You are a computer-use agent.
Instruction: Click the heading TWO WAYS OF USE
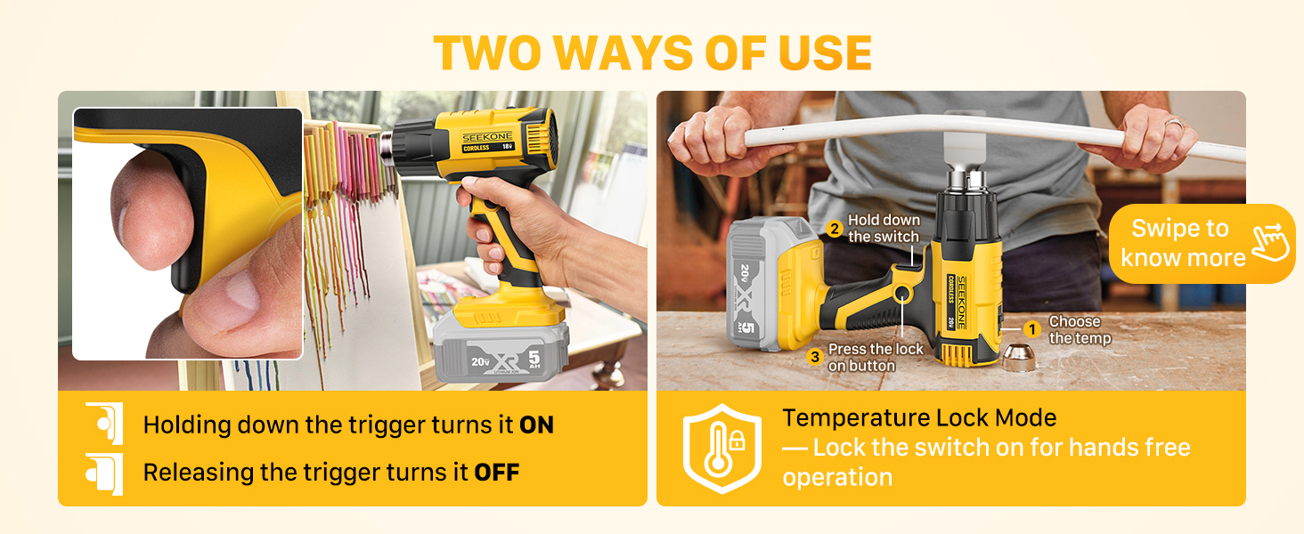coord(652,54)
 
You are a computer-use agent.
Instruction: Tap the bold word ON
coord(536,425)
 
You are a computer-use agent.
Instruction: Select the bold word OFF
coord(496,472)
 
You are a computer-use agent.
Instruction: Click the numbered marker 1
coord(1031,329)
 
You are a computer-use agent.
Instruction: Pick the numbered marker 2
coord(835,229)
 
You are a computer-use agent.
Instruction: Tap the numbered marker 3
coord(814,357)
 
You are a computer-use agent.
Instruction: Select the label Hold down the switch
coord(884,229)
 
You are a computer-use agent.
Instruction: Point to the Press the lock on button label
coord(875,357)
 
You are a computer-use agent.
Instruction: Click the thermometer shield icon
coord(721,448)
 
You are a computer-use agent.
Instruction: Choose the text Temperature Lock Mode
coord(919,417)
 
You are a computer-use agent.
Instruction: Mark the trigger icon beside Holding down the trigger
coord(104,424)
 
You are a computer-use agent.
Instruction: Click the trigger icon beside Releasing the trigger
coord(104,472)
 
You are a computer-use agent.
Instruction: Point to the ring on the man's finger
coord(1174,125)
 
